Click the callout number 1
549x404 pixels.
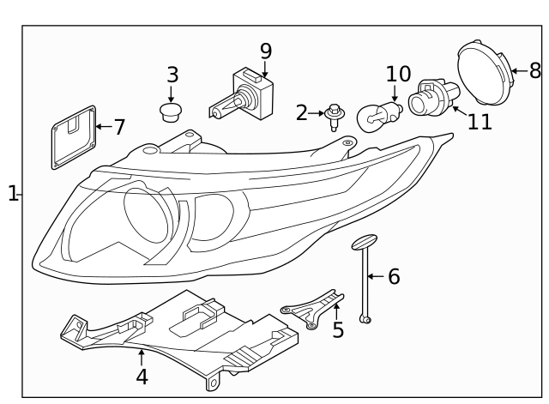tap(12, 194)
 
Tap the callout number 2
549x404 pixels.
tap(301, 112)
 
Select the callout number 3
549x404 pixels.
tap(172, 75)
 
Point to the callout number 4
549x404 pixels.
tap(142, 376)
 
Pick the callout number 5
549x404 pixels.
tap(338, 329)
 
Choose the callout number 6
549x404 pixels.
tap(393, 276)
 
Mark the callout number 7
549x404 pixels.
tap(118, 127)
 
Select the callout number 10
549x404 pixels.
tap(399, 75)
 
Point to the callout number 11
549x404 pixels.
tap(480, 121)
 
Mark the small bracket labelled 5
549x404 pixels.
tap(314, 307)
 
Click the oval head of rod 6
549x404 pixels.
tap(364, 242)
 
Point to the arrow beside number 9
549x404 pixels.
tap(265, 70)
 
